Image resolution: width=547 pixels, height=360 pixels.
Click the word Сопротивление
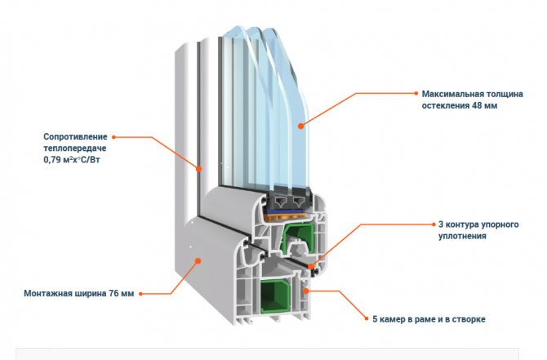pyautogui.click(x=74, y=137)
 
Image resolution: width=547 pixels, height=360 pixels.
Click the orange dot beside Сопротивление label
pyautogui.click(x=114, y=137)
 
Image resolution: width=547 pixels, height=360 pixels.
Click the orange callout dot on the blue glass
pyautogui.click(x=301, y=125)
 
